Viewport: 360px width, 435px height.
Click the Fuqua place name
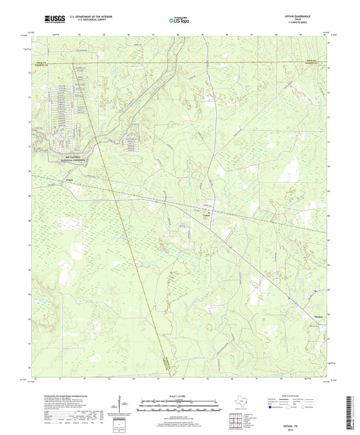pos(70,179)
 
